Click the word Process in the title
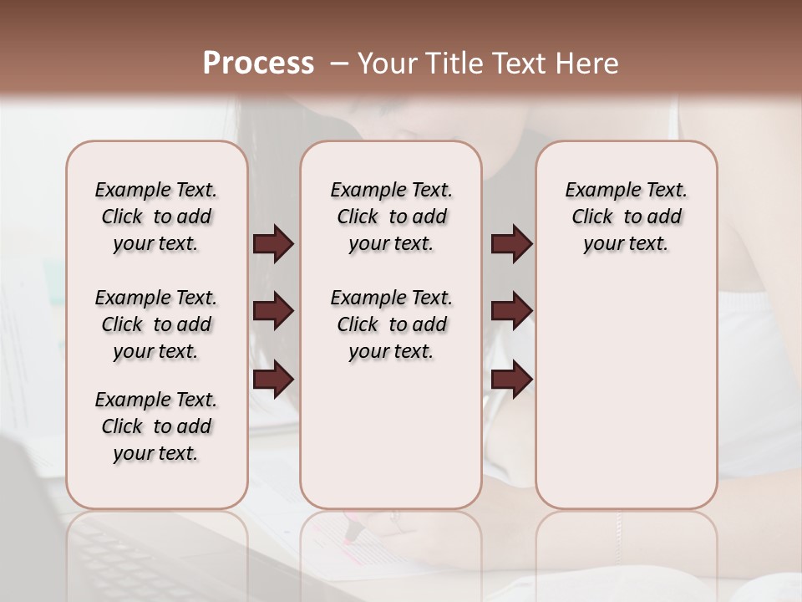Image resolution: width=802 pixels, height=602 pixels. (x=257, y=64)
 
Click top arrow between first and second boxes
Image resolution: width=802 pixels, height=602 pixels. (x=273, y=243)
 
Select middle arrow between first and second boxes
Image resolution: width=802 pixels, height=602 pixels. (x=273, y=311)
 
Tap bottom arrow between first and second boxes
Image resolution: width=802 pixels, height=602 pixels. (x=273, y=379)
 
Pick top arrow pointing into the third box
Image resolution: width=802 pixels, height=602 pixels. (x=512, y=243)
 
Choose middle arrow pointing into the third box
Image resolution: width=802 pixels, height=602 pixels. (x=512, y=311)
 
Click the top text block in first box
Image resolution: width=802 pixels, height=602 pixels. (x=156, y=217)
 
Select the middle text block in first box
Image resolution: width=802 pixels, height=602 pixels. (x=156, y=324)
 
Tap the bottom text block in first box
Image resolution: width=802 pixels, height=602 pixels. (x=156, y=426)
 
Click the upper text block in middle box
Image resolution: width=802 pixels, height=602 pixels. (x=391, y=217)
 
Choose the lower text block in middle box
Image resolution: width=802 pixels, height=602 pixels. (x=391, y=324)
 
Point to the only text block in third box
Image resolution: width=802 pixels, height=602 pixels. (x=626, y=217)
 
